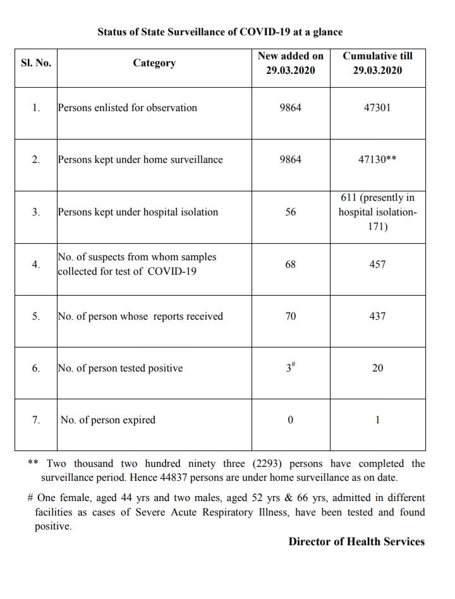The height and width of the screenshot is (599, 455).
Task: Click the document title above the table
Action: click(x=220, y=31)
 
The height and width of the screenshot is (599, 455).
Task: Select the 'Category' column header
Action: click(x=154, y=63)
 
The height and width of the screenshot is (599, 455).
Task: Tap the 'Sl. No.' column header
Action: click(x=36, y=63)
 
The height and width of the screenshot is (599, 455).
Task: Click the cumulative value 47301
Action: click(x=377, y=107)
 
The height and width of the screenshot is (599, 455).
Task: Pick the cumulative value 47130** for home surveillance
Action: click(x=377, y=160)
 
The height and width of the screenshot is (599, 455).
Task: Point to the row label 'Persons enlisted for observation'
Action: click(x=127, y=107)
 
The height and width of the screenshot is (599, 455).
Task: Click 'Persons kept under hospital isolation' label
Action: click(x=138, y=212)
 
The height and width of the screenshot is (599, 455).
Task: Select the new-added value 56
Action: click(x=290, y=212)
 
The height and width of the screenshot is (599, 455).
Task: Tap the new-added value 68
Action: click(x=290, y=264)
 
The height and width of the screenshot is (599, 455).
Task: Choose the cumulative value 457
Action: click(x=377, y=264)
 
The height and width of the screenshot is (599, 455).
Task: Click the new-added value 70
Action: click(x=290, y=317)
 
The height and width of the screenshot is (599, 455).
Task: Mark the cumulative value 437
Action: click(x=377, y=317)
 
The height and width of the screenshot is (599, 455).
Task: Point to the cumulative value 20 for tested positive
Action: click(x=377, y=368)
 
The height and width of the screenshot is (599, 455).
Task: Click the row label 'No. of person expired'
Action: click(x=107, y=420)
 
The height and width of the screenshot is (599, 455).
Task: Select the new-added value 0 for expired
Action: click(x=290, y=420)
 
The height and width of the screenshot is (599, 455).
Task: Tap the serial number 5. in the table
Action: click(x=36, y=317)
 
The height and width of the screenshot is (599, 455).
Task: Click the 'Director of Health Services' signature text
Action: click(x=356, y=542)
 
